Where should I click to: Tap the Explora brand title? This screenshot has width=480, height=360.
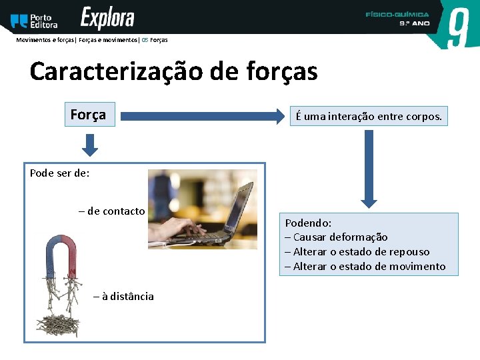click(107, 19)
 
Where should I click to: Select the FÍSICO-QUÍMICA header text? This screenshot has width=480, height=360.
click(397, 14)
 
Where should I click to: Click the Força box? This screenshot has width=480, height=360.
click(88, 115)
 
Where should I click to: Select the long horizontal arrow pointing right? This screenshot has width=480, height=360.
click(203, 116)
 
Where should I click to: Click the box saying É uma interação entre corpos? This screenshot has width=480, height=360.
click(369, 116)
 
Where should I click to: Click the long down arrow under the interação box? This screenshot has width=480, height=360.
click(369, 167)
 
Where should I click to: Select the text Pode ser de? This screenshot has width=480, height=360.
click(60, 173)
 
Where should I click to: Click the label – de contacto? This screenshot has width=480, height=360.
click(111, 211)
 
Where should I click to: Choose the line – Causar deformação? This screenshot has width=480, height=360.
click(336, 237)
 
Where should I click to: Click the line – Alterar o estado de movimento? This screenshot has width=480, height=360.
click(365, 267)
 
